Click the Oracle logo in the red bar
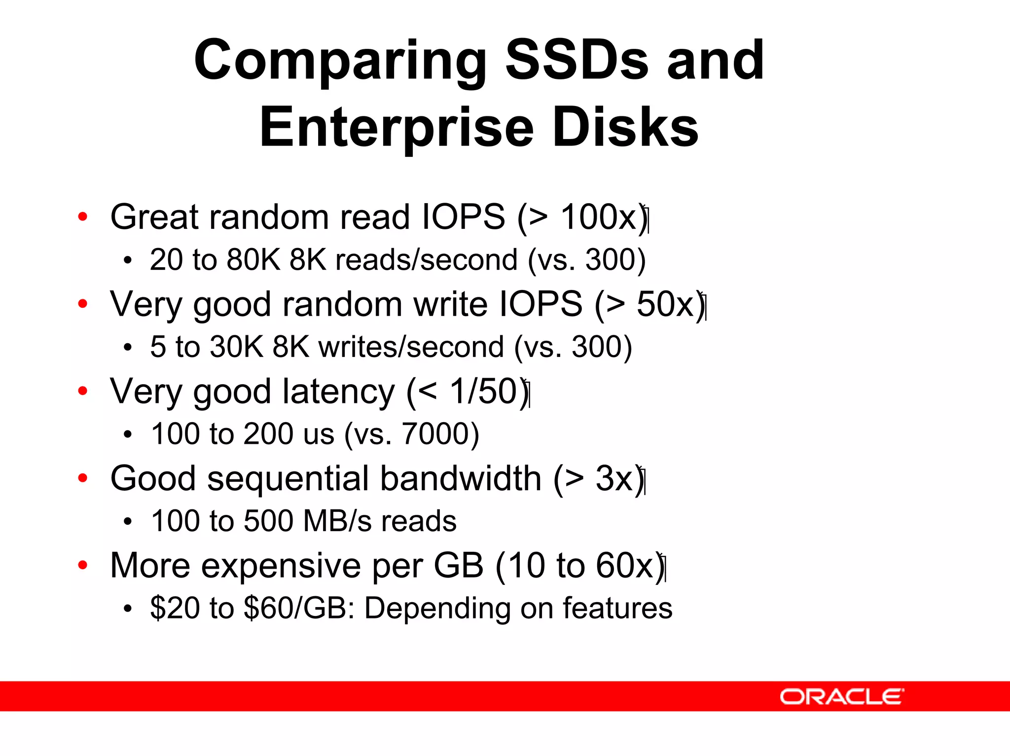coord(841,696)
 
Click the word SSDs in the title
coord(577,60)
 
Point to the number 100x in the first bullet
coord(599,216)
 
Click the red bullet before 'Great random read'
coord(82,216)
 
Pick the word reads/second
coord(426,260)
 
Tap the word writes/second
coord(411,347)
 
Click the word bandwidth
coord(461,478)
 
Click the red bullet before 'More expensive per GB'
coord(82,565)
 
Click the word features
coord(617,608)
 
